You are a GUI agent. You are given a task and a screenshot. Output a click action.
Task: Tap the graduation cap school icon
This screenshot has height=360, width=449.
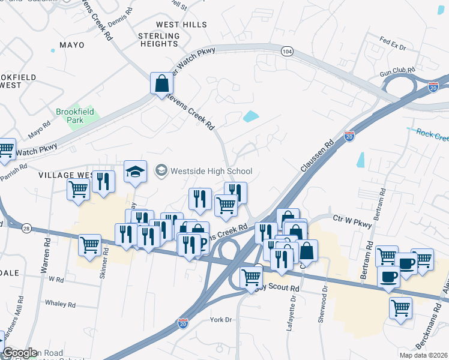[x=136, y=172]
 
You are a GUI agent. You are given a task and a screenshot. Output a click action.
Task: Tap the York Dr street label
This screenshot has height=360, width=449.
[x=221, y=320]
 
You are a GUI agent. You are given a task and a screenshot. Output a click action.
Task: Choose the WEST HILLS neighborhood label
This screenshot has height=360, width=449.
[x=181, y=25]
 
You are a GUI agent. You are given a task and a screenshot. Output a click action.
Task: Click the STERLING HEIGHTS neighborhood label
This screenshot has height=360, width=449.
[x=158, y=40]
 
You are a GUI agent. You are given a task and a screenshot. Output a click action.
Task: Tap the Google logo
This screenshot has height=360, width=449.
[x=20, y=353]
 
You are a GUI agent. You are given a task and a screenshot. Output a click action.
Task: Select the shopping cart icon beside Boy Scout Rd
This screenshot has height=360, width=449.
[x=251, y=277]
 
